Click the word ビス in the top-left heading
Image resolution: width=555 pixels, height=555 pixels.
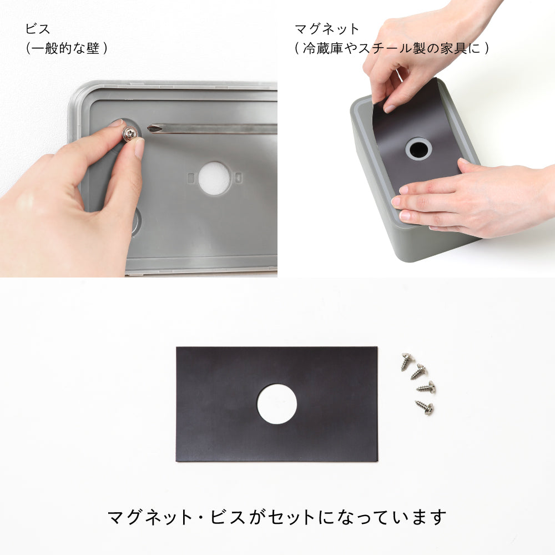(38, 29)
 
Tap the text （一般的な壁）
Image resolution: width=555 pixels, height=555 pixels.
(67, 49)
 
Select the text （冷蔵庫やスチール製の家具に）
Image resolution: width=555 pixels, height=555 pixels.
(392, 49)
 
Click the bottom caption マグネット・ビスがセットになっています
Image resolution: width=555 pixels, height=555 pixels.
(277, 517)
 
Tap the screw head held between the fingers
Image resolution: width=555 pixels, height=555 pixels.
(129, 133)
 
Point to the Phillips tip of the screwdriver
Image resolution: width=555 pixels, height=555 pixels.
(153, 129)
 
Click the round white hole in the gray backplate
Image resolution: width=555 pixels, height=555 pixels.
(214, 178)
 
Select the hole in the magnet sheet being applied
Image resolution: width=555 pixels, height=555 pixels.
(418, 148)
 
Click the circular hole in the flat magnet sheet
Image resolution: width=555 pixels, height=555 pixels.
(276, 403)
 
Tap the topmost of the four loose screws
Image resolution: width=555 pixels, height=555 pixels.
(408, 361)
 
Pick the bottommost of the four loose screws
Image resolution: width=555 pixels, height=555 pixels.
(425, 408)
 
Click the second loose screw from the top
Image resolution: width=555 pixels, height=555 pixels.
(419, 371)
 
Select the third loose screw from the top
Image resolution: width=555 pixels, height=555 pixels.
(426, 387)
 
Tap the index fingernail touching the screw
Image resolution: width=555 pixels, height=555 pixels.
(115, 123)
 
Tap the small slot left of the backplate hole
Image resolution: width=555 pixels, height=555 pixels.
(191, 178)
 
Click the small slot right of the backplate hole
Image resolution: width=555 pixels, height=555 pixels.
(238, 178)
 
